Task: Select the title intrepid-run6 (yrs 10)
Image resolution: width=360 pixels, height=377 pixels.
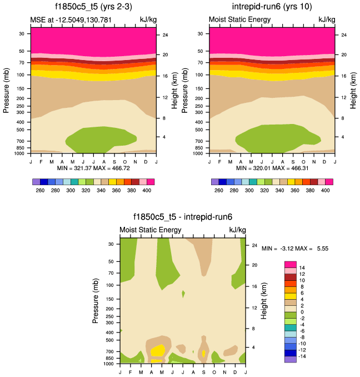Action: point(272,8)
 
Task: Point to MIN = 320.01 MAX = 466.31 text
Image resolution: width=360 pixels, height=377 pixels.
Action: point(272,167)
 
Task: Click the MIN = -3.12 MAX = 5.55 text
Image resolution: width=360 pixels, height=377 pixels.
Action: point(295,249)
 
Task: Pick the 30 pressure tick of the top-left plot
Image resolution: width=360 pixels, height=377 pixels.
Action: point(22,33)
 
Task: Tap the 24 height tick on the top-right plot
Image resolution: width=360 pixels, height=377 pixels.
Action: point(343,35)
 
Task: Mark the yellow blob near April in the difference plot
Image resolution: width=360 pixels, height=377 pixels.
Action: point(158,350)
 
